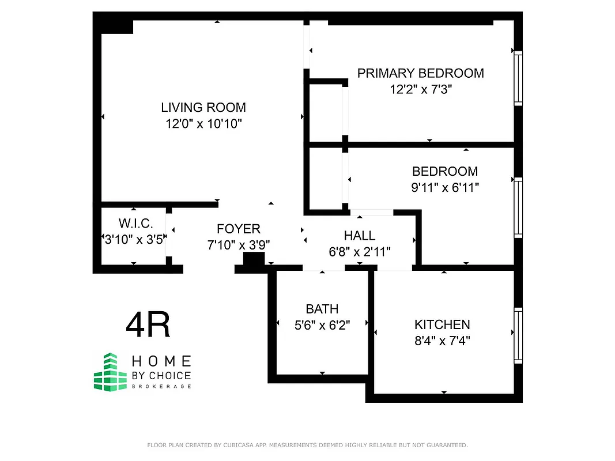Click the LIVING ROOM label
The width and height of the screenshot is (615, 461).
pyautogui.click(x=203, y=107)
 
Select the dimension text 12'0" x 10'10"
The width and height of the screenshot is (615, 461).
pyautogui.click(x=203, y=123)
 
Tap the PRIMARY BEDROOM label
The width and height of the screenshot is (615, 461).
pyautogui.click(x=420, y=73)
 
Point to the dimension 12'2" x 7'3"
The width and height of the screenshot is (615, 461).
pyautogui.click(x=420, y=89)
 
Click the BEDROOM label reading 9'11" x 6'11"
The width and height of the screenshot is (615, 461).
pyautogui.click(x=444, y=171)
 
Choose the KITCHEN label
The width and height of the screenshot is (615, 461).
pyautogui.click(x=442, y=324)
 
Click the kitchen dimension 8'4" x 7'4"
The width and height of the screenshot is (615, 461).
pyautogui.click(x=442, y=341)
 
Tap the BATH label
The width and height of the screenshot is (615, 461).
pyautogui.click(x=322, y=309)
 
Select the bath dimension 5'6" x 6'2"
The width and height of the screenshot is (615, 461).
pyautogui.click(x=322, y=325)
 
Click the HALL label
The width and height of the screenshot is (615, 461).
pyautogui.click(x=359, y=235)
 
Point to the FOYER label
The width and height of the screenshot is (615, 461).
pyautogui.click(x=239, y=229)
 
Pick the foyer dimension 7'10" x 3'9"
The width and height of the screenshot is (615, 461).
pyautogui.click(x=239, y=245)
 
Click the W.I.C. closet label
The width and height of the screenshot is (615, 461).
pyautogui.click(x=134, y=223)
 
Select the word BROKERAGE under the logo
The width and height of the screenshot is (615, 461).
pyautogui.click(x=161, y=386)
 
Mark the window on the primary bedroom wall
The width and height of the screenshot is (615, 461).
pyautogui.click(x=518, y=78)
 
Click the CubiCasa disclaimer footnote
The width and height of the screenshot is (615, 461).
pyautogui.click(x=307, y=445)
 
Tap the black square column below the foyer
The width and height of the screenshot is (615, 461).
pyautogui.click(x=251, y=261)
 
